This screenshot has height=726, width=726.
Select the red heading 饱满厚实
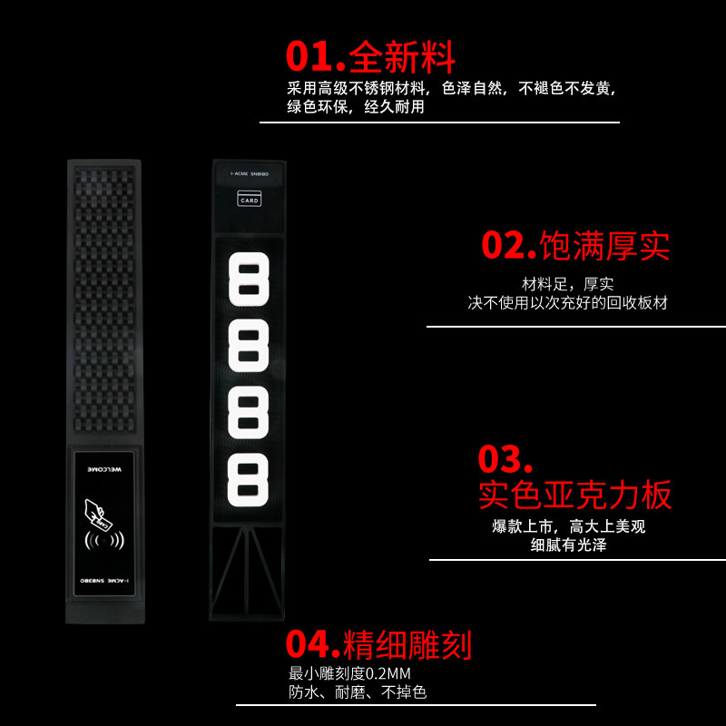tap(604, 245)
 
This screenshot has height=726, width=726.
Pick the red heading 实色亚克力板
tap(575, 495)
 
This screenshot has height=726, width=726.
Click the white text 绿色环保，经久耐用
tap(356, 107)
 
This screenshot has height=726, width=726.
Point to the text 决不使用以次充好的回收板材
tap(568, 303)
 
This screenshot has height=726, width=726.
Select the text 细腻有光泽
tap(569, 545)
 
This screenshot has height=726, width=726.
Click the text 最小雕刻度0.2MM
tap(349, 673)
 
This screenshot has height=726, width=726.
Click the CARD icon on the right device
tap(249, 199)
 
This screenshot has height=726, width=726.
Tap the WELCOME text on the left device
tap(103, 470)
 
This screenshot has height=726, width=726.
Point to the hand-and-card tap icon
tap(96, 516)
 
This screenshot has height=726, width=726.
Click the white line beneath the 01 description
tap(439, 122)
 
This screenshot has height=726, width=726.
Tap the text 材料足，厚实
tap(568, 284)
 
